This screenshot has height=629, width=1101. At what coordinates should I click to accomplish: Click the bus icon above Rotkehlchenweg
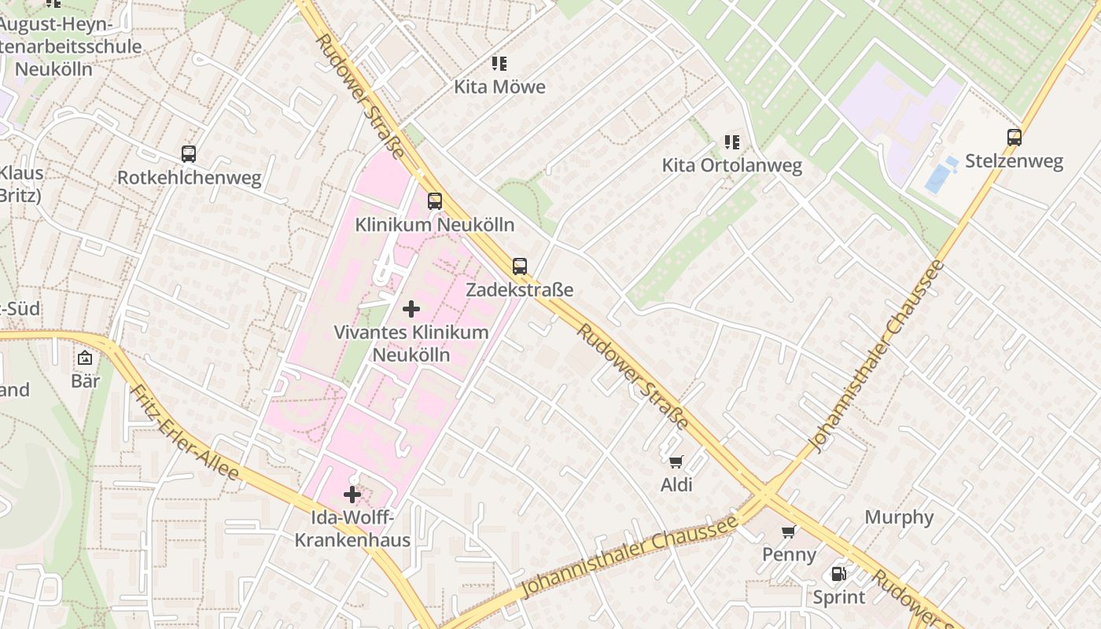click(189, 154)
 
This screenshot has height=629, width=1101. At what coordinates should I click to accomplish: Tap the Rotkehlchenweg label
click(189, 178)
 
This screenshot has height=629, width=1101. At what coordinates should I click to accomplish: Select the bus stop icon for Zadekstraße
click(519, 267)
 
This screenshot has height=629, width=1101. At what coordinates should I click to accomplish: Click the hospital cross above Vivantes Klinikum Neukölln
click(411, 309)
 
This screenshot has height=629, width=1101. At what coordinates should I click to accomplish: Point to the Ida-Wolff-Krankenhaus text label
click(352, 528)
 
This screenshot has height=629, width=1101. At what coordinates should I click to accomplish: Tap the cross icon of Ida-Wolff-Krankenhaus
click(352, 495)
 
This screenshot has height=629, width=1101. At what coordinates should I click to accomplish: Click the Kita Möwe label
click(499, 86)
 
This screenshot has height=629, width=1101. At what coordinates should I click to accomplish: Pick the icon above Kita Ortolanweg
click(732, 142)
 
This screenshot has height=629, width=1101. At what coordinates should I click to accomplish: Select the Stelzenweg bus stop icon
click(1014, 138)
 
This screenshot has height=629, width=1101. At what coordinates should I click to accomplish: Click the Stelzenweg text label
click(1014, 161)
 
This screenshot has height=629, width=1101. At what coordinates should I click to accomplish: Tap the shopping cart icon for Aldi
click(676, 462)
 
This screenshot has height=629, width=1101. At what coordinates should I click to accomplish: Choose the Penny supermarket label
click(789, 554)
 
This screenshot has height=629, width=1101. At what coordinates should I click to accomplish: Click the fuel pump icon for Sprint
click(839, 574)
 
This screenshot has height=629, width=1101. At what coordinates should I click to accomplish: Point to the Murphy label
click(899, 517)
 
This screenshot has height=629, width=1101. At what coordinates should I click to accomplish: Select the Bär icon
click(85, 359)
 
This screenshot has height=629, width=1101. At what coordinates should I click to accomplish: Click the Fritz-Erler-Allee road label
click(184, 432)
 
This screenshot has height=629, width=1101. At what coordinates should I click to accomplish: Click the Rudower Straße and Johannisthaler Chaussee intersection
click(765, 495)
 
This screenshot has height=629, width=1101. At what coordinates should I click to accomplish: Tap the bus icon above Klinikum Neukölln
click(435, 201)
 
